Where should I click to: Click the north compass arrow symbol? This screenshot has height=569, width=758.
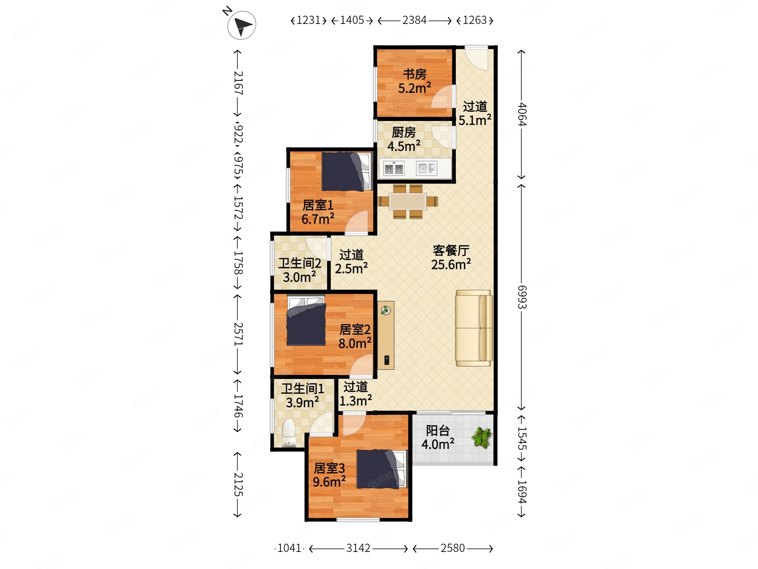click(242, 25)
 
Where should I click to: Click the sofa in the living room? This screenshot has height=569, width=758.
click(474, 328)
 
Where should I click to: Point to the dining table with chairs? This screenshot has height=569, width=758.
click(408, 201)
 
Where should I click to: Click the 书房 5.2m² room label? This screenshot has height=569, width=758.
click(414, 81)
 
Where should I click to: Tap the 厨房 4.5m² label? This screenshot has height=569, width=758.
click(404, 139)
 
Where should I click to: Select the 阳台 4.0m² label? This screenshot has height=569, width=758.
click(438, 437)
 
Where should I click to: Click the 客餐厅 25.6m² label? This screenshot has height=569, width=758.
click(451, 258)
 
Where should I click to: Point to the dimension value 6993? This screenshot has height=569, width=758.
click(522, 297)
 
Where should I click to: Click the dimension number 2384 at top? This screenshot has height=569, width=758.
click(414, 20)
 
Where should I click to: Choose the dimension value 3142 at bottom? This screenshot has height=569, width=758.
click(358, 548)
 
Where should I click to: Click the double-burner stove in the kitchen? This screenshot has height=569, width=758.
click(394, 168)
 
